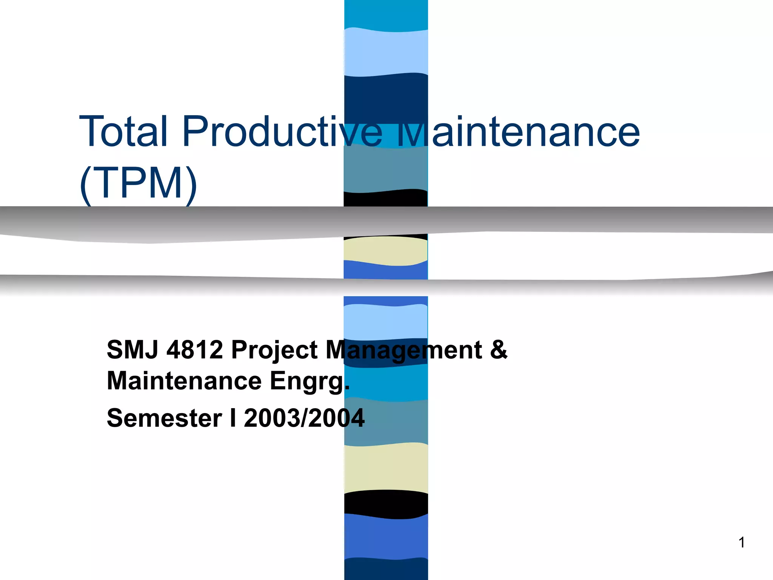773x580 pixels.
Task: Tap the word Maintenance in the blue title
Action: point(519,131)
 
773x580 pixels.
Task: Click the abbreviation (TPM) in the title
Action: point(138,184)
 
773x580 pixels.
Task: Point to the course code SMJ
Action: point(132,350)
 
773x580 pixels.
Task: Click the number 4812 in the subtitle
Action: point(195,350)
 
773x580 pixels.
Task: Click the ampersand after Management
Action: point(499,350)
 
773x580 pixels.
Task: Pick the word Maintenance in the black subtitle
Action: point(184,381)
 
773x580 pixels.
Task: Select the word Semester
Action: point(165,418)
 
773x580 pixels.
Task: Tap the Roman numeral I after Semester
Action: point(233,418)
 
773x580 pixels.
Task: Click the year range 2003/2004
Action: point(304,418)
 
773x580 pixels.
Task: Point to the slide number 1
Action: point(742,543)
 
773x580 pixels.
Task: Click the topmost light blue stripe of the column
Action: point(386,52)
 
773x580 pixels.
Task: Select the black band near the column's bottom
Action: point(386,504)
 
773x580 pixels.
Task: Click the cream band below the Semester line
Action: point(386,468)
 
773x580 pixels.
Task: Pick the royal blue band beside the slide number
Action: point(386,536)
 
